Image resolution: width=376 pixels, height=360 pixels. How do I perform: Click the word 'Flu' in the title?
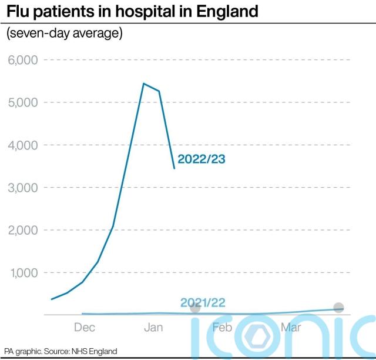tap(19, 11)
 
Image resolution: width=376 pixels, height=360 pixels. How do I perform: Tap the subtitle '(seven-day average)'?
tap(64, 34)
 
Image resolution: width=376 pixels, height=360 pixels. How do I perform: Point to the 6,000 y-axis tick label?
tap(22, 60)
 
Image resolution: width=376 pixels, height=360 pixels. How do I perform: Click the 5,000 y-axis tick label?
tap(22, 102)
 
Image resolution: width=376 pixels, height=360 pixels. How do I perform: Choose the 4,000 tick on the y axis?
tap(22, 145)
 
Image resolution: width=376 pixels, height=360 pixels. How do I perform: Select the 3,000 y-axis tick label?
tap(22, 188)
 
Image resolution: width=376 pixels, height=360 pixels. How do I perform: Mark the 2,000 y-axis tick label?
tap(22, 231)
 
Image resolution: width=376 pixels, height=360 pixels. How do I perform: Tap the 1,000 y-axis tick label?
tap(22, 273)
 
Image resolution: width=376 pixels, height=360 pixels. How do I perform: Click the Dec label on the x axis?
tap(85, 328)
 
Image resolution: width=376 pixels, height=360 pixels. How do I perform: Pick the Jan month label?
tap(153, 328)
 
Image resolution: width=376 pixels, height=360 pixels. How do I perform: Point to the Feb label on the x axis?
tap(222, 328)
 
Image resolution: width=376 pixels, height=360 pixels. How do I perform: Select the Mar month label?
tap(291, 328)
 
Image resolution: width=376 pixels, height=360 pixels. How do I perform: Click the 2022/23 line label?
tap(202, 159)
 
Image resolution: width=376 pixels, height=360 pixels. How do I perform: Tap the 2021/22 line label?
tap(203, 303)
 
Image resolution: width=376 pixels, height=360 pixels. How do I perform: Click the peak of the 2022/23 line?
tap(143, 84)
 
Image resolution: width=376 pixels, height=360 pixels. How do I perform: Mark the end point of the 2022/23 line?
tap(174, 168)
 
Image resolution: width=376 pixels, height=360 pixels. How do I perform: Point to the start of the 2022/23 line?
tap(52, 299)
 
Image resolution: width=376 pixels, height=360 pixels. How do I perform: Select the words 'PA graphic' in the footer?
tap(22, 351)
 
